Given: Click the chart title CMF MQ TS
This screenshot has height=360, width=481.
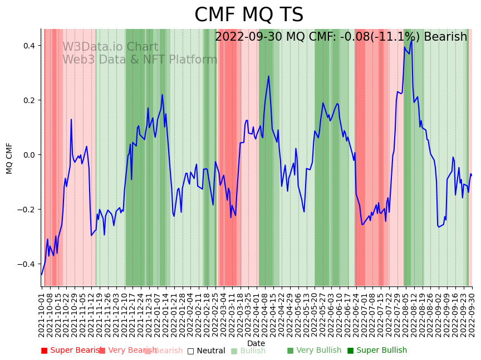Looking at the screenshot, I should [x=249, y=15].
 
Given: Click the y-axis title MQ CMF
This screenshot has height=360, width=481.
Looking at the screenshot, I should [x=9, y=158].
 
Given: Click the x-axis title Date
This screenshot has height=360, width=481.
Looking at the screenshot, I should [x=256, y=343].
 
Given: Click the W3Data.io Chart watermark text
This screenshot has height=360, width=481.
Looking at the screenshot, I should [x=110, y=47].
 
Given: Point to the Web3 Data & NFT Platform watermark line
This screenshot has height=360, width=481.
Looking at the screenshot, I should [x=140, y=60].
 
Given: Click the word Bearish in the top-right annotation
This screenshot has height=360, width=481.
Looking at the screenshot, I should [x=445, y=37].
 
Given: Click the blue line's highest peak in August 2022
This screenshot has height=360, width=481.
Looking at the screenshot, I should [x=412, y=40].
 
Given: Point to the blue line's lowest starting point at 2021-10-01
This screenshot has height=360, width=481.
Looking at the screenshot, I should [x=42, y=274].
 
